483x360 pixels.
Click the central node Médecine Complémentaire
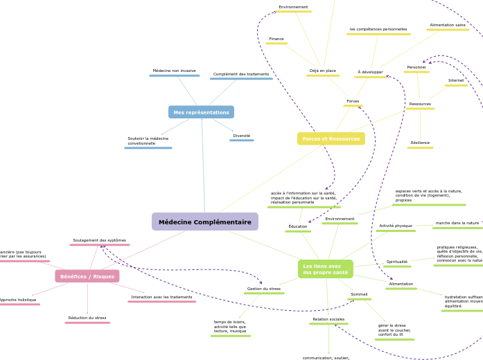[x=204, y=222]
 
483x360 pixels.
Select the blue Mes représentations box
[x=201, y=112]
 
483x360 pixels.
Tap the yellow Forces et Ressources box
[x=331, y=138]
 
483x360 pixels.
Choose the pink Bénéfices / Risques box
[x=87, y=276]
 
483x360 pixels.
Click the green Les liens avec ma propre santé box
[x=326, y=269]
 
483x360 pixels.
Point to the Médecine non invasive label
[x=174, y=71]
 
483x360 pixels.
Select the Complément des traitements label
[x=241, y=74]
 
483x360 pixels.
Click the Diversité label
[x=241, y=136]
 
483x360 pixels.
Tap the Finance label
[x=276, y=39]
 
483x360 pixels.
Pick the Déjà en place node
[x=322, y=71]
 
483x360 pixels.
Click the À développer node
[x=370, y=72]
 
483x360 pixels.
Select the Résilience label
[x=420, y=143]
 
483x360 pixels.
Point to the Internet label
[x=456, y=80]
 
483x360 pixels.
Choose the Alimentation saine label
[x=448, y=25]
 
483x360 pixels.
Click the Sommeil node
[x=359, y=294]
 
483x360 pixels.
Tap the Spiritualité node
[x=397, y=262]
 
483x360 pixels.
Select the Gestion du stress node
[x=264, y=289]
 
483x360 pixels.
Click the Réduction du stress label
[x=87, y=318]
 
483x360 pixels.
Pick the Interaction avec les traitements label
[x=161, y=297]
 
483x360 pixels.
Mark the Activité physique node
[x=396, y=226]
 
